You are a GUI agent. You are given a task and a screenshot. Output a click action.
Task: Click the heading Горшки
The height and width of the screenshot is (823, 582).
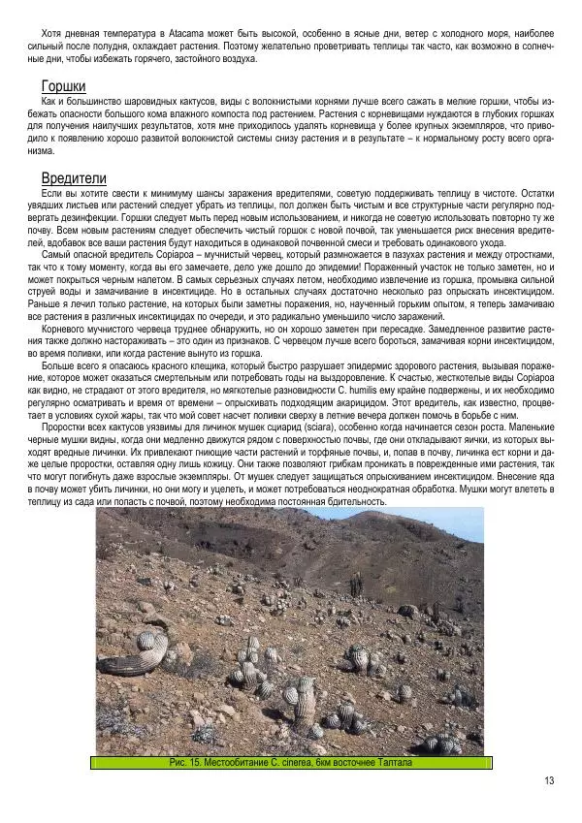63,86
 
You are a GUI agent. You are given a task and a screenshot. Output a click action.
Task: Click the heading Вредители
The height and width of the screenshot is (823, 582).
74,179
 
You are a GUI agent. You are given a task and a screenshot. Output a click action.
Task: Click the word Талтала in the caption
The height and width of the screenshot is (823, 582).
392,763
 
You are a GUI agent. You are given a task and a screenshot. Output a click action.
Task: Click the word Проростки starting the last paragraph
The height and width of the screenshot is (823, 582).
66,427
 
